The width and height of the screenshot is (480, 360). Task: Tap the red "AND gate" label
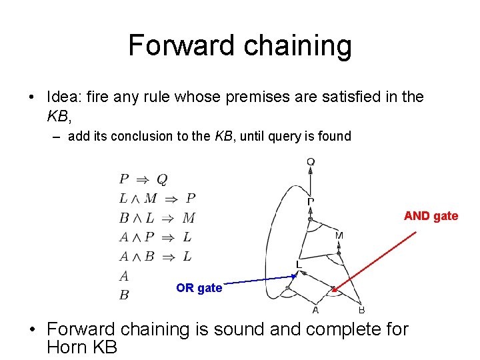pyautogui.click(x=431, y=215)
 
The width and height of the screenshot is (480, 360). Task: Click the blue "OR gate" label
pyautogui.click(x=199, y=288)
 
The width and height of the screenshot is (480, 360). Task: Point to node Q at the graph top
pyautogui.click(x=311, y=161)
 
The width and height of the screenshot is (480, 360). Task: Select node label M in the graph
pyautogui.click(x=339, y=235)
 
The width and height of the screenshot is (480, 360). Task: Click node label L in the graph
pyautogui.click(x=299, y=265)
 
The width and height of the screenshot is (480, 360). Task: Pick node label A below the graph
pyautogui.click(x=315, y=310)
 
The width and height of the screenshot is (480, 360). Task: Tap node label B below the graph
pyautogui.click(x=361, y=310)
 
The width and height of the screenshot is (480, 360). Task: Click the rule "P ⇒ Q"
pyautogui.click(x=143, y=179)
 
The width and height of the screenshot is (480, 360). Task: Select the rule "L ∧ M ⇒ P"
pyautogui.click(x=157, y=198)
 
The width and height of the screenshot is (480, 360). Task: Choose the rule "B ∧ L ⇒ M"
pyautogui.click(x=157, y=217)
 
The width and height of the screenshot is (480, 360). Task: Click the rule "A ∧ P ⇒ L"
pyautogui.click(x=155, y=237)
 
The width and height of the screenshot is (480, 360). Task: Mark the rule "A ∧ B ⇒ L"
pyautogui.click(x=155, y=256)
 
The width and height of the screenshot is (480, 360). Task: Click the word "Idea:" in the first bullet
pyautogui.click(x=65, y=97)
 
